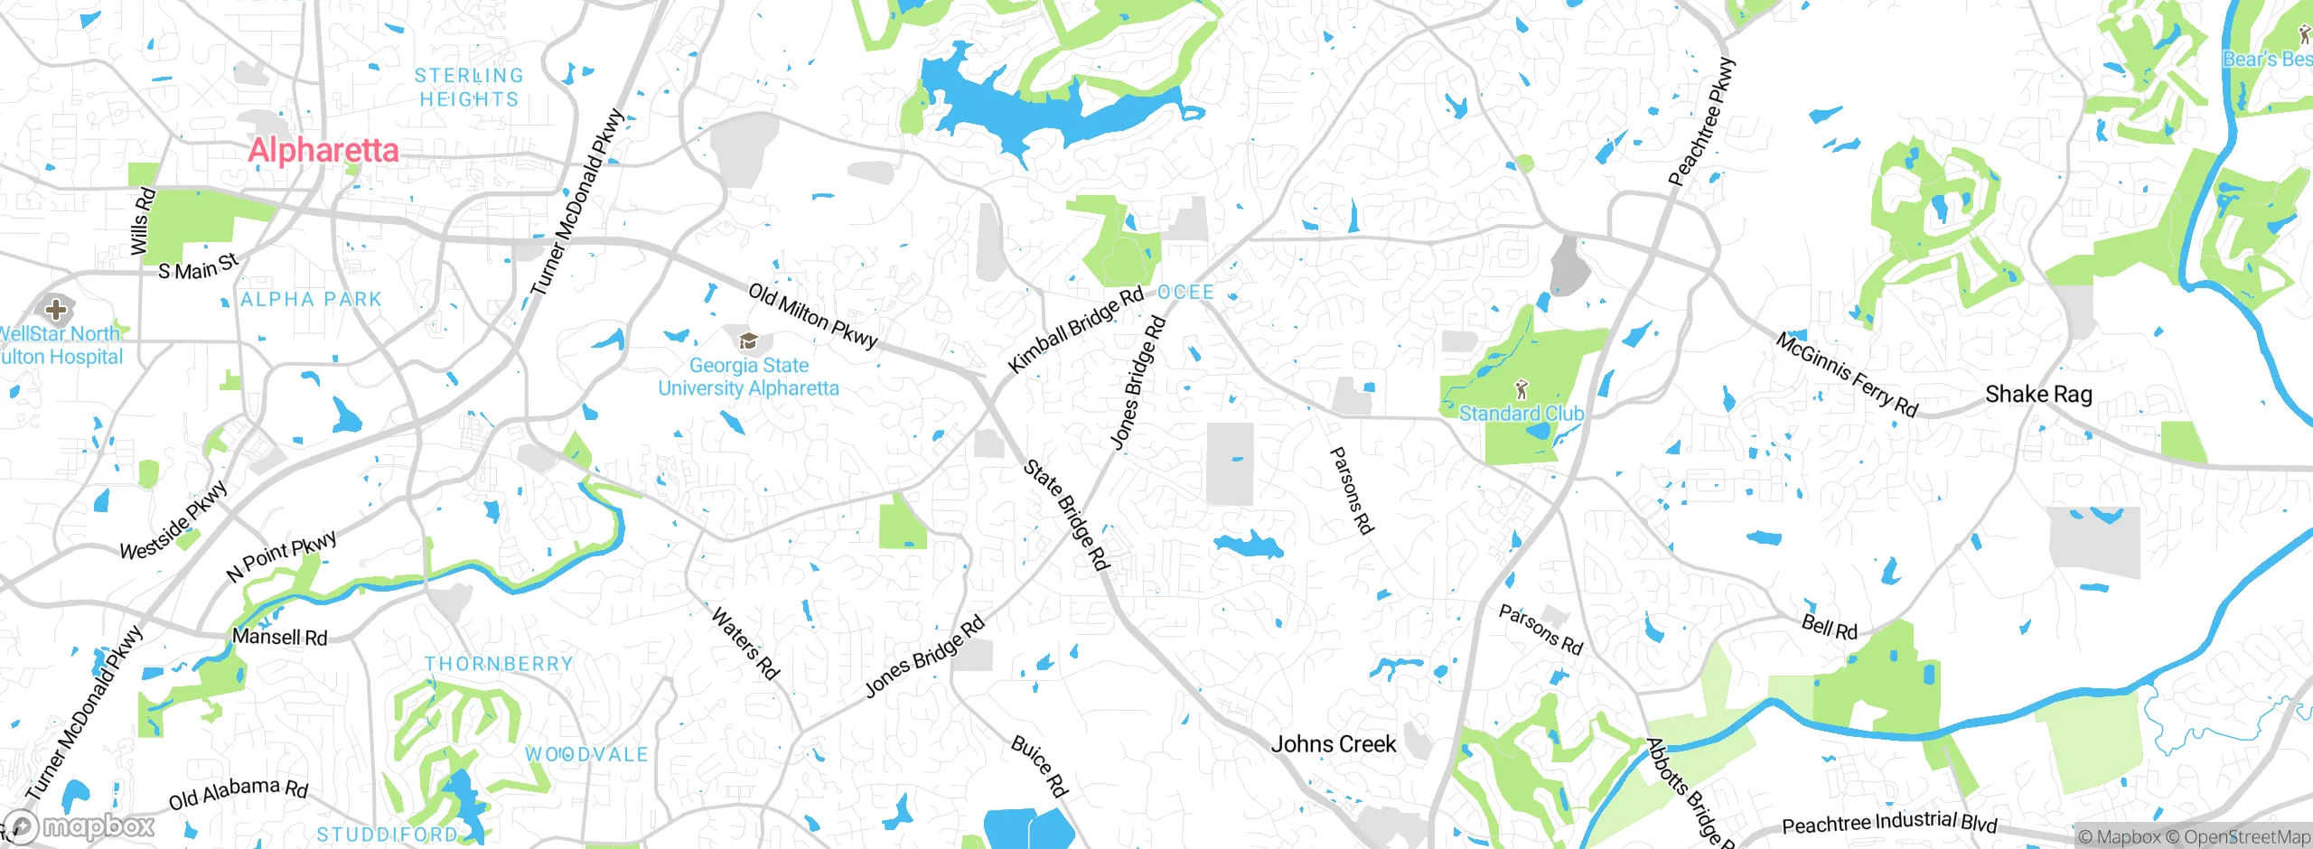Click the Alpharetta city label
pyautogui.click(x=323, y=150)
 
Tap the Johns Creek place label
pyautogui.click(x=1334, y=744)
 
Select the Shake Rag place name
pyautogui.click(x=2038, y=395)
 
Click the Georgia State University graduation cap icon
pyautogui.click(x=748, y=341)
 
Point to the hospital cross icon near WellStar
pyautogui.click(x=56, y=310)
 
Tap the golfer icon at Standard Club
pyautogui.click(x=1522, y=390)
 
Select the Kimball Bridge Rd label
pyautogui.click(x=1075, y=330)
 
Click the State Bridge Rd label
pyautogui.click(x=1066, y=515)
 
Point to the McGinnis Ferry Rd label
pyautogui.click(x=1846, y=375)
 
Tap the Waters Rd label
pyautogui.click(x=745, y=643)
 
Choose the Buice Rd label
pyautogui.click(x=1040, y=767)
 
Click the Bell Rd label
pyautogui.click(x=1829, y=627)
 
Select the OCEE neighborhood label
pyautogui.click(x=1185, y=293)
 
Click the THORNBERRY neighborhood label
pyautogui.click(x=499, y=664)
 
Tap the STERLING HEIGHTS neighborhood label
pyautogui.click(x=468, y=88)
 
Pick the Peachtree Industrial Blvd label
pyautogui.click(x=1889, y=823)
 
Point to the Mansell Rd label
pyautogui.click(x=279, y=637)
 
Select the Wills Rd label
pyautogui.click(x=142, y=222)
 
